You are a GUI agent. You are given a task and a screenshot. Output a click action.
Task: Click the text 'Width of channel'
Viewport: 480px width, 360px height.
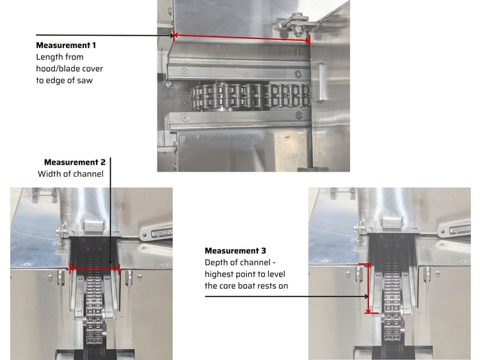(70, 174)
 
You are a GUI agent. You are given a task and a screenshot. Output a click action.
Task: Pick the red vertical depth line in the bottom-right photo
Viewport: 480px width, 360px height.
(368, 288)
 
